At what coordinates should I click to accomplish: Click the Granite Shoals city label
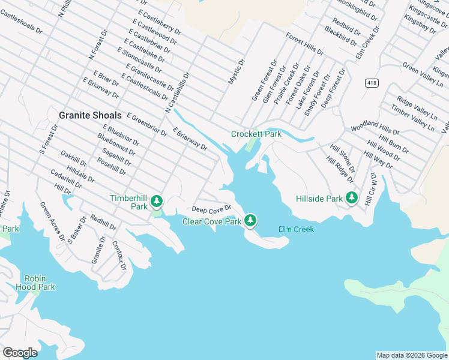[x=90, y=115]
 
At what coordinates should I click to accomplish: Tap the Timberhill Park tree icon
[x=157, y=200]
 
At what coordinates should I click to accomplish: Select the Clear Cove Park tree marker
[x=250, y=221]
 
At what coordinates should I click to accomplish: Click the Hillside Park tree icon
[x=352, y=197]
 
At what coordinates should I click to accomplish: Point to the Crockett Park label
[x=256, y=134]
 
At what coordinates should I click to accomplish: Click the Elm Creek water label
[x=296, y=229]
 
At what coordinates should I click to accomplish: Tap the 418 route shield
[x=372, y=83]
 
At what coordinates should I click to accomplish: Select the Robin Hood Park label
[x=40, y=283]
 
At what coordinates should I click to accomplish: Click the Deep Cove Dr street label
[x=211, y=209]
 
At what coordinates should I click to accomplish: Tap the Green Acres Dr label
[x=52, y=221]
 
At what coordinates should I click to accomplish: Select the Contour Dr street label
[x=119, y=256]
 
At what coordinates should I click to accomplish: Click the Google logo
[x=20, y=353]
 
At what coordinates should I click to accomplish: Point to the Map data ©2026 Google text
[x=411, y=355]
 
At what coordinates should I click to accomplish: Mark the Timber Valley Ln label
[x=412, y=117]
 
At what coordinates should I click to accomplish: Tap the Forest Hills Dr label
[x=304, y=43]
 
